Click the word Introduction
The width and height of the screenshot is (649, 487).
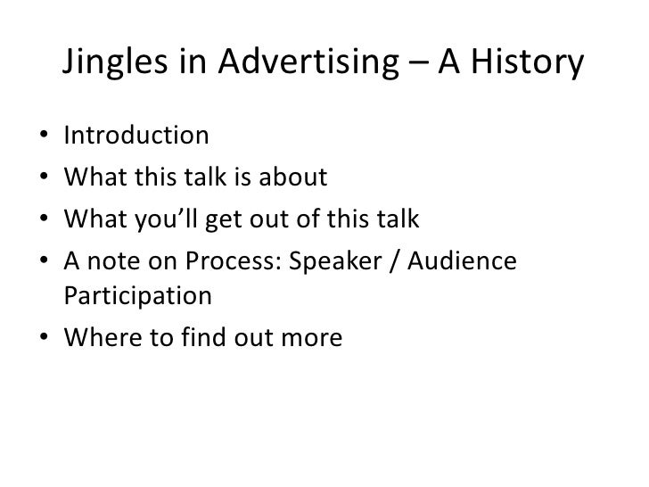(x=136, y=137)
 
